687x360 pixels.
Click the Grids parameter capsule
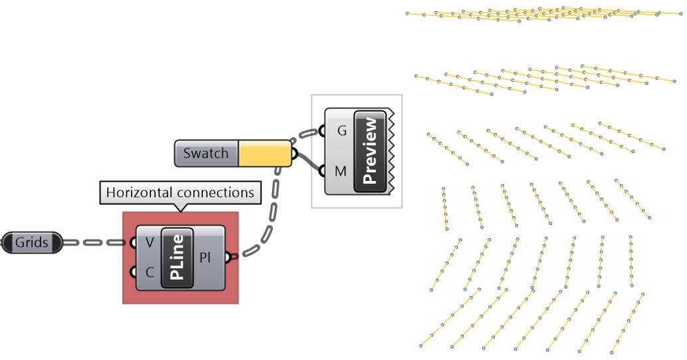(32, 243)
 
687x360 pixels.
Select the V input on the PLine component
(149, 243)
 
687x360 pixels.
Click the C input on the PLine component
(149, 271)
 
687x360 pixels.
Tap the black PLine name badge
(177, 258)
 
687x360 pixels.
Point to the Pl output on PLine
(206, 258)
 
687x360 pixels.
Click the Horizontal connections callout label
(180, 193)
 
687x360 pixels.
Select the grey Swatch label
(206, 154)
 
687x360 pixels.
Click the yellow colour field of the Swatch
(264, 154)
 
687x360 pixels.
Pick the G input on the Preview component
(341, 131)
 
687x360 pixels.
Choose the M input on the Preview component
(341, 171)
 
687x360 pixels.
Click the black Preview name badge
(370, 151)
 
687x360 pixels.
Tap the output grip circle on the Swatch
(294, 154)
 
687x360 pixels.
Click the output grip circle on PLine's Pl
(228, 257)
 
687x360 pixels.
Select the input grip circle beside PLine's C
(134, 271)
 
